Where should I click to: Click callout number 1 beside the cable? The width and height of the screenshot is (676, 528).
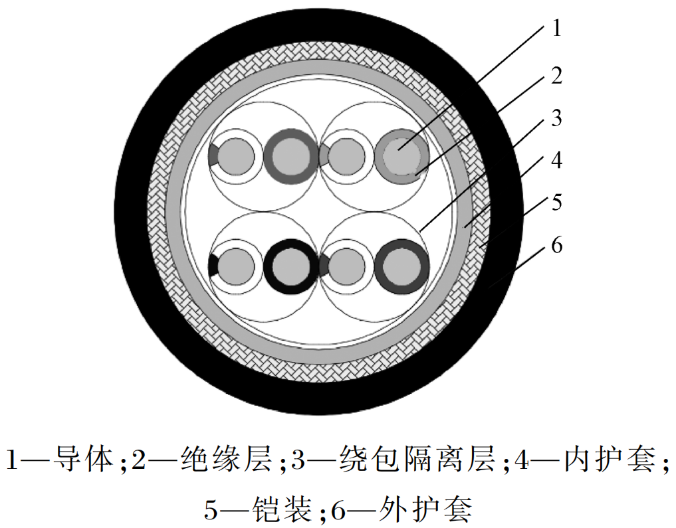[556, 28]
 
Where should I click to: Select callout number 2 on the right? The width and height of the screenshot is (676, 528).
[556, 75]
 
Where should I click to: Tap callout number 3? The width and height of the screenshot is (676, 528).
[556, 118]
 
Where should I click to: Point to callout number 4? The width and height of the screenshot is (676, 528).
[556, 160]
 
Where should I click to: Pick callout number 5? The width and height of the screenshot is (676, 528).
[556, 202]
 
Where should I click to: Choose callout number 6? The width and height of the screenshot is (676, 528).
[556, 244]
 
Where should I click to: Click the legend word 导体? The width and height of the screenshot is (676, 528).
[82, 459]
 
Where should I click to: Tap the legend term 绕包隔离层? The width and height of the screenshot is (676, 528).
[417, 459]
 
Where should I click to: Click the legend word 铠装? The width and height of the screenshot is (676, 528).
[282, 509]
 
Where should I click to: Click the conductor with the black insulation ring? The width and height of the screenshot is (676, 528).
[290, 266]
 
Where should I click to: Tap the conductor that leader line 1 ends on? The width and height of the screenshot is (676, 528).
[401, 156]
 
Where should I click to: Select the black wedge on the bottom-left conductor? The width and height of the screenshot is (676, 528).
[213, 266]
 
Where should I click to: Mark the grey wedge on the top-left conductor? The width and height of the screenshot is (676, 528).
[213, 156]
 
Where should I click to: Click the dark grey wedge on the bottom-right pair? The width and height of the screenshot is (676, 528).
[324, 266]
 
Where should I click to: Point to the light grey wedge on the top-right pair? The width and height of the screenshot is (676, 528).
[324, 156]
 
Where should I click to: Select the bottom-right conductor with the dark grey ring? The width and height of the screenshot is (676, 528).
[401, 266]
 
